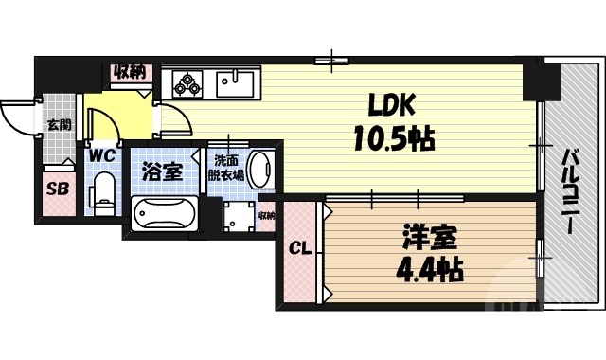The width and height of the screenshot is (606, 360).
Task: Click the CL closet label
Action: pyautogui.click(x=299, y=248)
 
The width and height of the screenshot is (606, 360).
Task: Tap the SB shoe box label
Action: pyautogui.click(x=58, y=188)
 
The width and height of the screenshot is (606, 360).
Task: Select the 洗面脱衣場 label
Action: pyautogui.click(x=227, y=168)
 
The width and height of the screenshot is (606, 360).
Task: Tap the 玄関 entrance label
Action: pyautogui.click(x=59, y=124)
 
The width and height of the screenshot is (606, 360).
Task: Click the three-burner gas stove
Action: pyautogui.click(x=187, y=83)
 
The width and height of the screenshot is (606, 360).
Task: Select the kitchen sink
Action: pyautogui.click(x=232, y=83)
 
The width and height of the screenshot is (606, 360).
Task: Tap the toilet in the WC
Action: pyautogui.click(x=103, y=193)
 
